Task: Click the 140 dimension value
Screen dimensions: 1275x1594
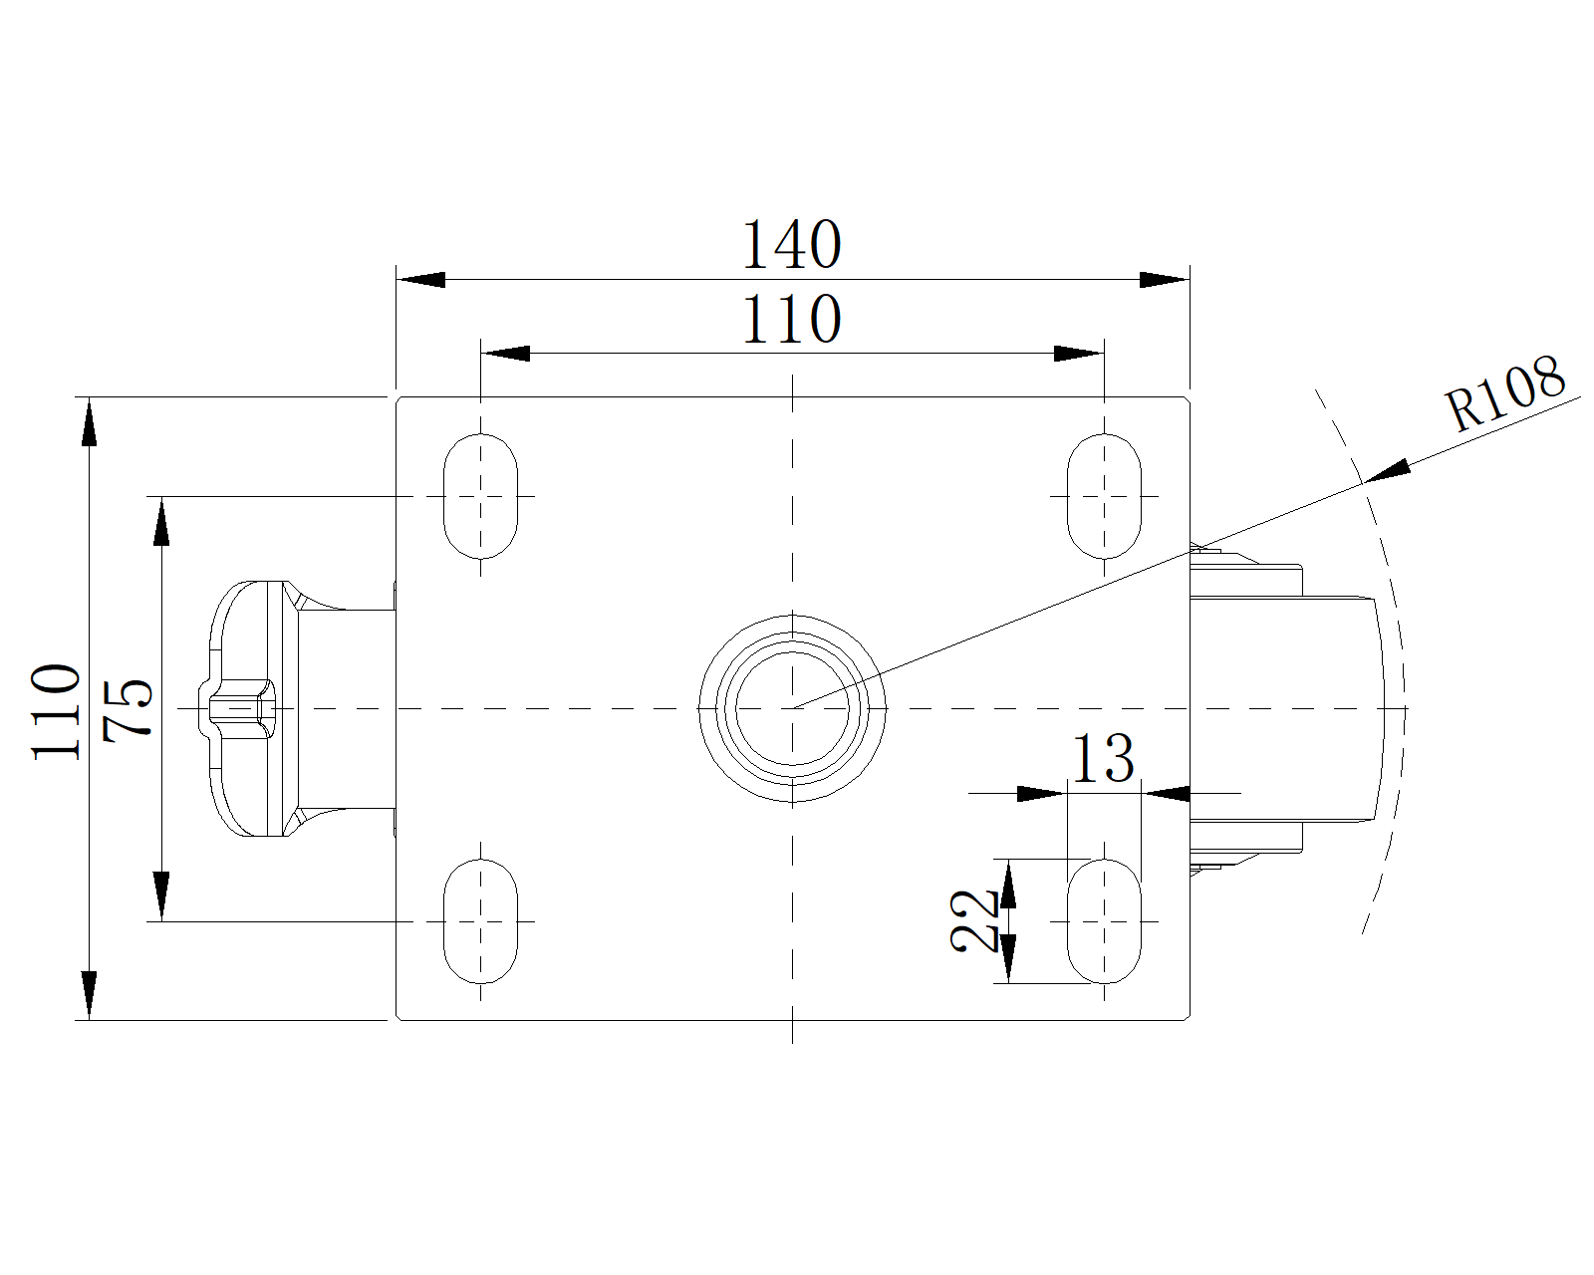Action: [792, 245]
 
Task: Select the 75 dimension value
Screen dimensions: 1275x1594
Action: [130, 708]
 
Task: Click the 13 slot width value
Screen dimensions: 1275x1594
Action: [1102, 759]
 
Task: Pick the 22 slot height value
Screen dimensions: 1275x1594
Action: [975, 920]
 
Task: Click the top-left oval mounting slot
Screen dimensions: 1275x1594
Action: [481, 495]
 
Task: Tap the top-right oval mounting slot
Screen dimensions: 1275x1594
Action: [1104, 495]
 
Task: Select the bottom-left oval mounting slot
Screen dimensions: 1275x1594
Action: [481, 920]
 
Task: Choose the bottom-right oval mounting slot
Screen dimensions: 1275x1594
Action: [1104, 920]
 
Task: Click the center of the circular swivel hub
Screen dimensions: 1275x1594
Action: [792, 708]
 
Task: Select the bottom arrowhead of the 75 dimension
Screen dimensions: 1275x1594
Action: [160, 895]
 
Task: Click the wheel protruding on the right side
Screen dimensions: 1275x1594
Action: [1295, 708]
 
